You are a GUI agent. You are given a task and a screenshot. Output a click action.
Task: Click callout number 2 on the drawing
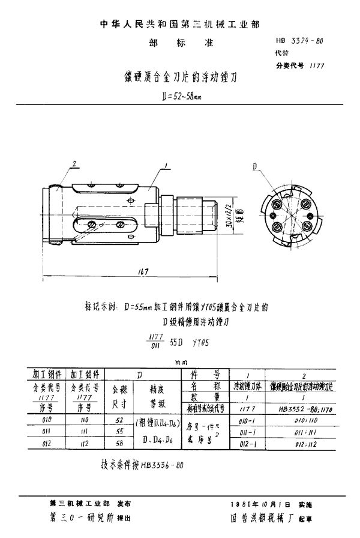74,164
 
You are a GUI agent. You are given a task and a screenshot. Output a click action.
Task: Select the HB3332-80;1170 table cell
307,408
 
